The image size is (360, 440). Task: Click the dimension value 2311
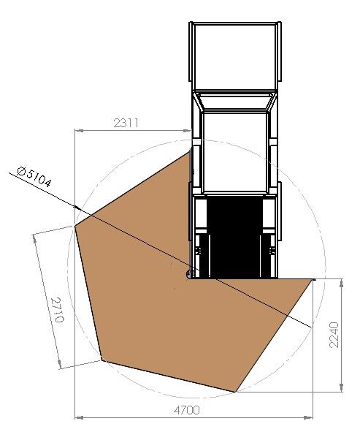pos(126,123)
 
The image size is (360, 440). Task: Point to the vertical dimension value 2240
pos(334,335)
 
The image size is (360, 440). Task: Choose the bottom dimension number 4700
pos(186,410)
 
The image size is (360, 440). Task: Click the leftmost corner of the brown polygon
pos(76,225)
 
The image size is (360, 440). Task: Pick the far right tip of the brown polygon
pos(314,278)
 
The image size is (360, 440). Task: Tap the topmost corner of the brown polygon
pos(191,151)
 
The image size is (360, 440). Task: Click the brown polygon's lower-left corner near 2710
pos(101,360)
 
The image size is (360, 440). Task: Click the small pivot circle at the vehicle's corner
pos(191,274)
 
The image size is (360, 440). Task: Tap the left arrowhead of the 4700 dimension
pos(79,418)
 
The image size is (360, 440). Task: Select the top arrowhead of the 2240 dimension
pos(341,281)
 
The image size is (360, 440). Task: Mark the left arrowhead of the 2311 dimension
pos(79,131)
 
